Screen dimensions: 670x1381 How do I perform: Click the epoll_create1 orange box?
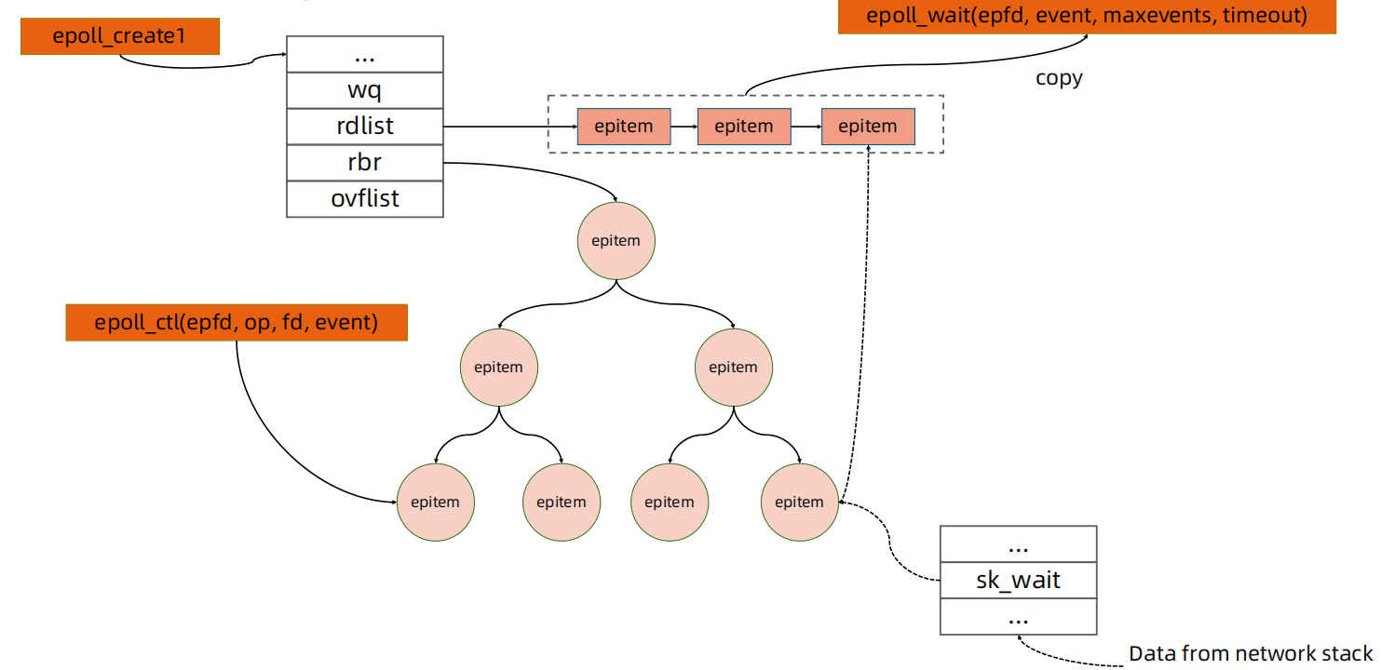coord(120,38)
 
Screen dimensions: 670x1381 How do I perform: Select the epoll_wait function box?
coord(1087,17)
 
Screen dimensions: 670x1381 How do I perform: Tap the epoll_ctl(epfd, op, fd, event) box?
coord(236,323)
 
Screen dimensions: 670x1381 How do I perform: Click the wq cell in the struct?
coord(364,90)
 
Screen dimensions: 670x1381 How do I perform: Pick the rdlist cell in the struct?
coord(364,127)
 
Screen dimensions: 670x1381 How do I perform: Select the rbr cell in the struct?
coord(364,163)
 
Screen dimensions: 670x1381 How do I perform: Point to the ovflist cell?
coord(364,199)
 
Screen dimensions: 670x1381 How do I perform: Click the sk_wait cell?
coord(1018,581)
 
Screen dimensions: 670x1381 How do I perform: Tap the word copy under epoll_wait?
coord(1059,77)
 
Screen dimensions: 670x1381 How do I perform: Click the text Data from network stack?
coord(1250,653)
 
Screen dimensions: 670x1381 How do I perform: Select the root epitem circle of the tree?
coord(616,240)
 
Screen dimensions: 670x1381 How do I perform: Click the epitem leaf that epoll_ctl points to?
coord(435,502)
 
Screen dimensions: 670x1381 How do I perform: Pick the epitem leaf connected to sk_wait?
coord(799,502)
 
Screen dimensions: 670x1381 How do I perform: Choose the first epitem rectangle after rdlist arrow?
coord(623,127)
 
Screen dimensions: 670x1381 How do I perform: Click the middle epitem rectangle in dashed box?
coord(744,127)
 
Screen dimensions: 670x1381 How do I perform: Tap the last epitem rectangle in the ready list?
coord(867,127)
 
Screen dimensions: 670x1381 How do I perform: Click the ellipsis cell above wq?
coord(364,54)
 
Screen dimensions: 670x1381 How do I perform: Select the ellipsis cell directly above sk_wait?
coord(1018,544)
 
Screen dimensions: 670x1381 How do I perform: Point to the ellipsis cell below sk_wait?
coord(1018,616)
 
